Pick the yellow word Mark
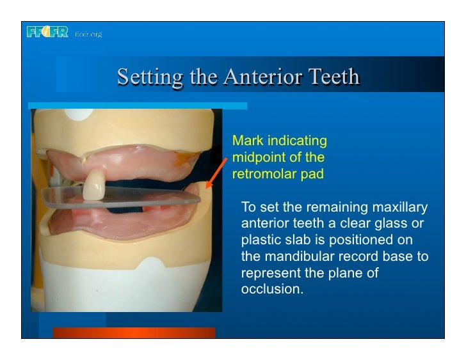click(x=246, y=141)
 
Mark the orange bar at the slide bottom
click(x=133, y=333)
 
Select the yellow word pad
click(x=310, y=174)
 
